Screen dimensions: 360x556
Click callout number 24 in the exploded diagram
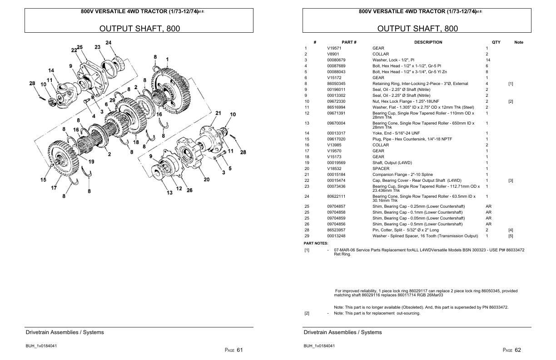point(108,43)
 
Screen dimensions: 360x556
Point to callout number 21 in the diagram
point(218,113)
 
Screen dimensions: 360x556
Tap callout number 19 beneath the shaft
point(91,161)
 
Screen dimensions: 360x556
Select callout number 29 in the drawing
point(112,100)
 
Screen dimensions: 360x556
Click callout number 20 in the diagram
point(206,180)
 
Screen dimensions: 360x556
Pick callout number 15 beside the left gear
point(43,180)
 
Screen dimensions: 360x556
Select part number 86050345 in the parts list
point(336,84)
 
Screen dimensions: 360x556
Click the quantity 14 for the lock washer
point(488,60)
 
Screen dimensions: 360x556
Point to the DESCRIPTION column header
point(428,42)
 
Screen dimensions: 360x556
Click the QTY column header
point(496,42)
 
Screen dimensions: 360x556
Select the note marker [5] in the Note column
point(511,236)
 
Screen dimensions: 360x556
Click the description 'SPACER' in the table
point(381,169)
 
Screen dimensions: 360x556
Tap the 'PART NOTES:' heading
point(316,244)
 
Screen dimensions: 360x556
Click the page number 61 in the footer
point(240,350)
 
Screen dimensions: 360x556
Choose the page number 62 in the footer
point(518,350)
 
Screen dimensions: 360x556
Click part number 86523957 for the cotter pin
point(336,230)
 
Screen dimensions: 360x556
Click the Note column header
point(518,42)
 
